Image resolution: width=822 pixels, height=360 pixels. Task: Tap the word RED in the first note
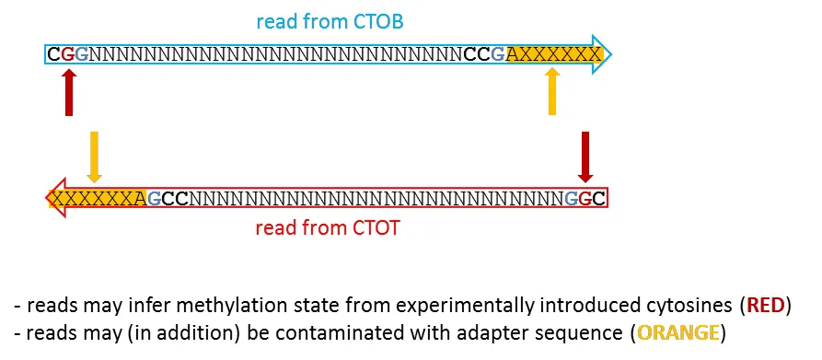765,305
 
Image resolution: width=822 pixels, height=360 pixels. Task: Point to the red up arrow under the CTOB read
69,93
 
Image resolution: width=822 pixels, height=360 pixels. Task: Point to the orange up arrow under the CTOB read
552,93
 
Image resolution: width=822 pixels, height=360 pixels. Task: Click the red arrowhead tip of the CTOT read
49,197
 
